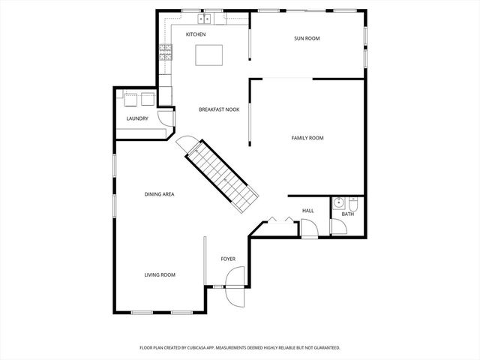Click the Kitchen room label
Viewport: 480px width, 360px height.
[196, 34]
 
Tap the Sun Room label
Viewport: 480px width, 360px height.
[307, 38]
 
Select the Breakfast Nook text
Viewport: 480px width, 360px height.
[219, 109]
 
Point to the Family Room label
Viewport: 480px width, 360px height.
[307, 137]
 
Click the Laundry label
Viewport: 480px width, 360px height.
[137, 118]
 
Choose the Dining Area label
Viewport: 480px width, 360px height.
[160, 194]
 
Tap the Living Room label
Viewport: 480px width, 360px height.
[160, 274]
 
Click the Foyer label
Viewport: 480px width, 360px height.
[228, 259]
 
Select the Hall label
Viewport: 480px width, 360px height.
[307, 211]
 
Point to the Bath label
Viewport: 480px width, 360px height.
[347, 214]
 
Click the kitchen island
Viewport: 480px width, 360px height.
[210, 55]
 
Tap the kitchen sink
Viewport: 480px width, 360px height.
[204, 18]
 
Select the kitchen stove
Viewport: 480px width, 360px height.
[165, 52]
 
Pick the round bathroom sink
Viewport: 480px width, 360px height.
[338, 202]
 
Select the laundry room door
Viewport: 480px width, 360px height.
[169, 118]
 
